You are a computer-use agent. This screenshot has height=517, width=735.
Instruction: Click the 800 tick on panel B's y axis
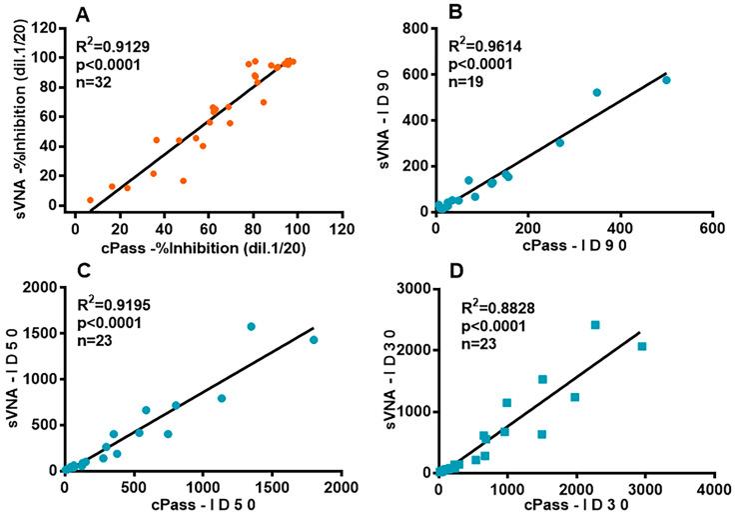[416, 28]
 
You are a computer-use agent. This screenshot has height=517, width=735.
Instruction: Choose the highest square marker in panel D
[595, 325]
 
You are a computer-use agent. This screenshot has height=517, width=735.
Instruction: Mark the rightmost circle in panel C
[314, 340]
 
